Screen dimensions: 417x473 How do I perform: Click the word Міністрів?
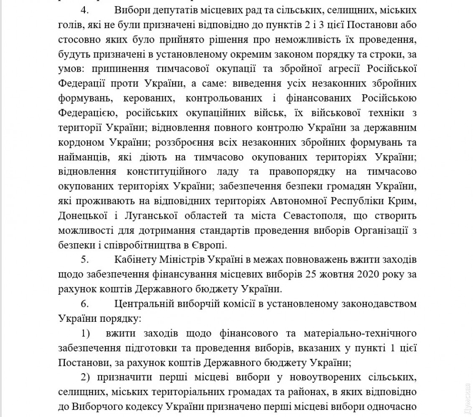(184, 260)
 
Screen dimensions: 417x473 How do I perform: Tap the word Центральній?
(142, 303)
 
